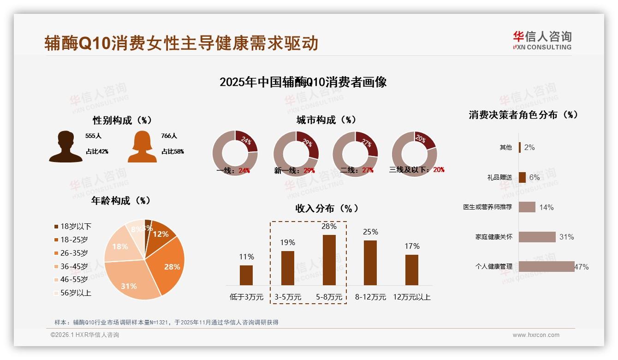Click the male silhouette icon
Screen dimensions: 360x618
click(x=66, y=147)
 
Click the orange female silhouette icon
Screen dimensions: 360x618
click(x=142, y=147)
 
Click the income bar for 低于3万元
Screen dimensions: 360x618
click(x=246, y=275)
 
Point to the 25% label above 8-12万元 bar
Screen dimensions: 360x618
click(x=370, y=232)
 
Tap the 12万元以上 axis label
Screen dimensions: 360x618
click(x=411, y=297)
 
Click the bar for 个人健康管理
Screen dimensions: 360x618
click(x=547, y=266)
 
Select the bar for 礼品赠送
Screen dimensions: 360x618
click(x=522, y=177)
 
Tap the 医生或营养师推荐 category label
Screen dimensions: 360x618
click(x=487, y=207)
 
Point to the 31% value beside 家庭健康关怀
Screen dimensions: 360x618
click(x=566, y=237)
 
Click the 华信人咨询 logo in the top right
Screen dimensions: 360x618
click(x=542, y=40)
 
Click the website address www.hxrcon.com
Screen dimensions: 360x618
click(x=536, y=335)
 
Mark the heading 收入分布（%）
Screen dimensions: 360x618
click(x=327, y=209)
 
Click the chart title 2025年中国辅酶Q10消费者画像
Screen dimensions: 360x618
click(x=303, y=82)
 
